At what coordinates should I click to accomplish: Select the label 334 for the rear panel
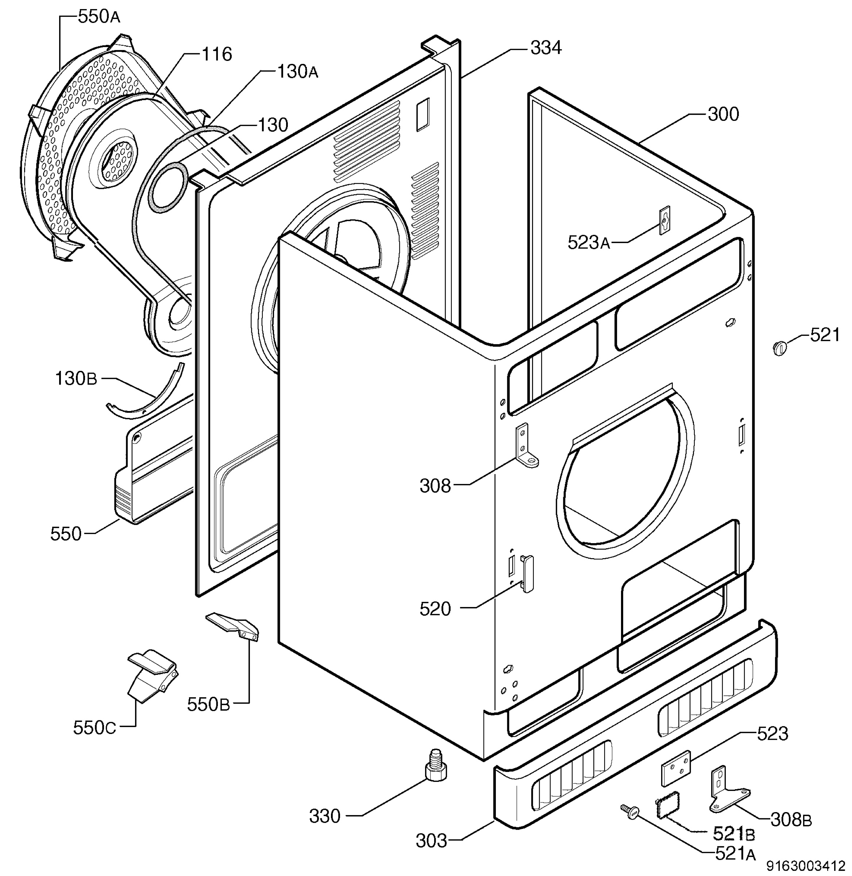click(545, 47)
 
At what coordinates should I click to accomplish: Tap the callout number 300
click(723, 115)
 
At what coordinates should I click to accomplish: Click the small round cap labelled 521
click(779, 347)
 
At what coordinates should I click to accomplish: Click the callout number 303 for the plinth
click(431, 841)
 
